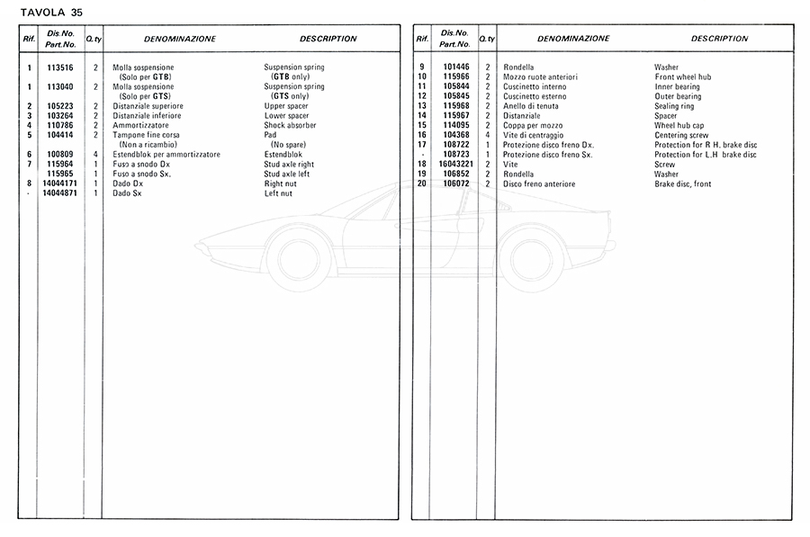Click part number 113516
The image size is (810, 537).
click(58, 67)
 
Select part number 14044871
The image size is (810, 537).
click(58, 193)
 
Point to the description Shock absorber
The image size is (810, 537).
click(290, 125)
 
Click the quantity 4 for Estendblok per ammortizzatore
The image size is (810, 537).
click(96, 155)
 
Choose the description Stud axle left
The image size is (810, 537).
click(288, 174)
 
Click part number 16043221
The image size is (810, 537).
click(455, 165)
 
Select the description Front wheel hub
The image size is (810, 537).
click(682, 77)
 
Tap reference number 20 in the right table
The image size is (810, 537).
click(421, 183)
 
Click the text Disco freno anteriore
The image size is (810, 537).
click(538, 183)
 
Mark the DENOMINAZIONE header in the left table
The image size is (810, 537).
click(180, 39)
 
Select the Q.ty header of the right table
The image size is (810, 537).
click(487, 39)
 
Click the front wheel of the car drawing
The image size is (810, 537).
click(299, 260)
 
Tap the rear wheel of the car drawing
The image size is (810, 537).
click(530, 260)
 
